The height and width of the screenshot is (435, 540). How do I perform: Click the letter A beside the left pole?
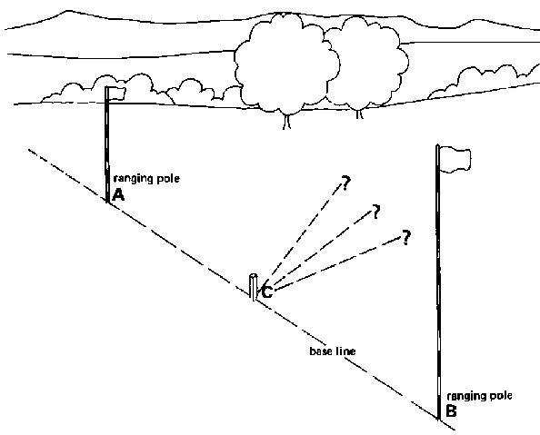point(118,195)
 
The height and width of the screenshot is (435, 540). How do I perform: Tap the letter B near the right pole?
point(451,410)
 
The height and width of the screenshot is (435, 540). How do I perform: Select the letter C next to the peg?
point(267,292)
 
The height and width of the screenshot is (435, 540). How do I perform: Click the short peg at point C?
point(254,287)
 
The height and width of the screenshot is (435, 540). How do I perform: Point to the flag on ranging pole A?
point(116,93)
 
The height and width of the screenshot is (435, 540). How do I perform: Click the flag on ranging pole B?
point(455,159)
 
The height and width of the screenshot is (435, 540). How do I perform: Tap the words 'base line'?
point(333,351)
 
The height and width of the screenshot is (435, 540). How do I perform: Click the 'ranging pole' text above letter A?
point(146,179)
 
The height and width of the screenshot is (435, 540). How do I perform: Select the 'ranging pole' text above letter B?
point(479,396)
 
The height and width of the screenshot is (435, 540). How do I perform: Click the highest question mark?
point(345,183)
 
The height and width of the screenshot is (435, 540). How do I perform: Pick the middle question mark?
point(376,212)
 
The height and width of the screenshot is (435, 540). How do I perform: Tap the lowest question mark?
point(406,237)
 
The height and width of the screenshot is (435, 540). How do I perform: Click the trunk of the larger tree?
point(287,122)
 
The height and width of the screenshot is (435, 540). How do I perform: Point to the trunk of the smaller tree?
point(359,114)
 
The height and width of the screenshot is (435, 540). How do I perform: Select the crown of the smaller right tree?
point(367,62)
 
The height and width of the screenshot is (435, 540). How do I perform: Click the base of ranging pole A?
point(107,203)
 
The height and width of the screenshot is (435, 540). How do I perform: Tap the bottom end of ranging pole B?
point(439,420)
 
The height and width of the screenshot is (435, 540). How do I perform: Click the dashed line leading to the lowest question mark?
point(338,263)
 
